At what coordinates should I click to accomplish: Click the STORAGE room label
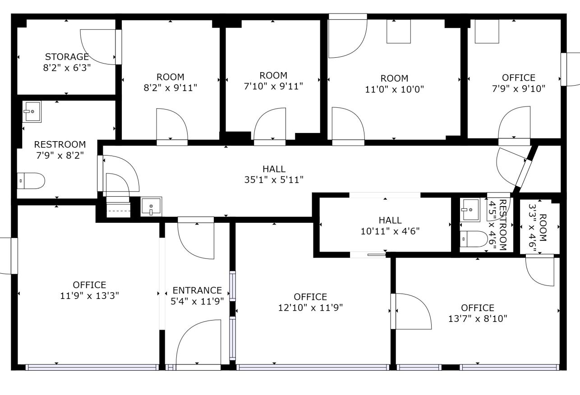coord(67,57)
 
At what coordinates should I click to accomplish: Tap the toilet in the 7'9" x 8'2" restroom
coord(31,181)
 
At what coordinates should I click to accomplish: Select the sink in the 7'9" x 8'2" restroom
coord(32,111)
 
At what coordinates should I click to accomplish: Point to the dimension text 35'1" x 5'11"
coord(274,179)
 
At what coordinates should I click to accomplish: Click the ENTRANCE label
coord(197,290)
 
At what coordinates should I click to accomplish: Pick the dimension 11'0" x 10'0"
coord(394,90)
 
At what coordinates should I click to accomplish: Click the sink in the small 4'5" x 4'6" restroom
coord(470,209)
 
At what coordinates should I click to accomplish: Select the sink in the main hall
coord(151,207)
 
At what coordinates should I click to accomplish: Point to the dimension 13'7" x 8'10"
coord(478,319)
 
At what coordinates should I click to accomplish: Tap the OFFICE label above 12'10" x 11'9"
coord(310,297)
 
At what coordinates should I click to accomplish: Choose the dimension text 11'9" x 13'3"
coord(89,296)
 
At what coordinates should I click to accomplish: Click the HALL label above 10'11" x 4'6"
coord(390,220)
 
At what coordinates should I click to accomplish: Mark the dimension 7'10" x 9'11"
coord(273,86)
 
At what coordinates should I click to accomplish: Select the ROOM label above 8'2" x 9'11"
coord(170,77)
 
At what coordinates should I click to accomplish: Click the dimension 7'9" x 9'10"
coord(519,89)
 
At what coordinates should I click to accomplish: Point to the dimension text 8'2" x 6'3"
coord(67,68)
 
